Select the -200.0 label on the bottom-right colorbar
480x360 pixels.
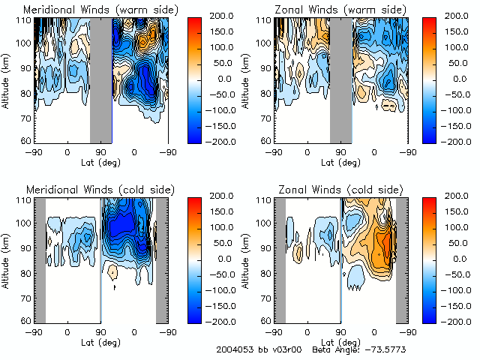[x=456, y=321]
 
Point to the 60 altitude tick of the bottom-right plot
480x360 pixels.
[x=265, y=321]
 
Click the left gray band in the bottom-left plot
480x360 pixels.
[x=40, y=259]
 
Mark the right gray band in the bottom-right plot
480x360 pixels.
[x=401, y=259]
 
